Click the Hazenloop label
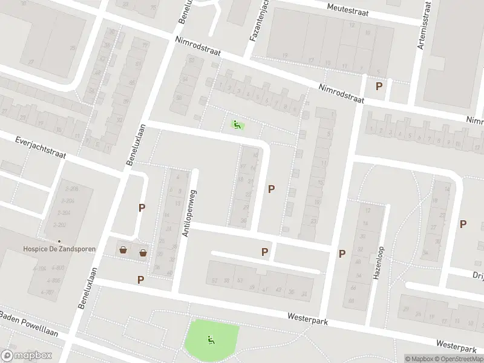[x=378, y=261]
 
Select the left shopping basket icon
[x=123, y=250]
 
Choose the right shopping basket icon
[x=143, y=253]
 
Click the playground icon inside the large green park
[x=211, y=341]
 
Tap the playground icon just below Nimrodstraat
[x=237, y=125]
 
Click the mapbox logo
[x=27, y=356]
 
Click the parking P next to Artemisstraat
[x=379, y=87]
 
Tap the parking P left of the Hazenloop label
[x=342, y=254]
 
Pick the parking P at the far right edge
[x=463, y=224]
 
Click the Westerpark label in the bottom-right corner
[x=456, y=347]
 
